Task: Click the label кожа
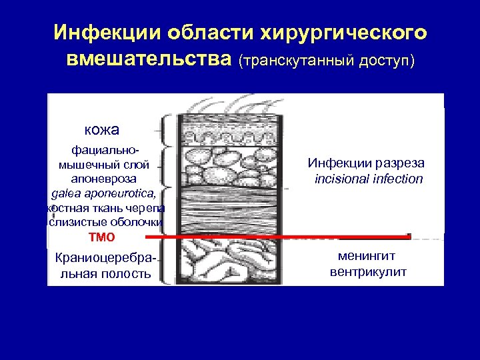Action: click(x=102, y=130)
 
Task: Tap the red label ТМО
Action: click(x=101, y=237)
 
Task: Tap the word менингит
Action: click(x=367, y=257)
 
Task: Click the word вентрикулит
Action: click(x=367, y=272)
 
